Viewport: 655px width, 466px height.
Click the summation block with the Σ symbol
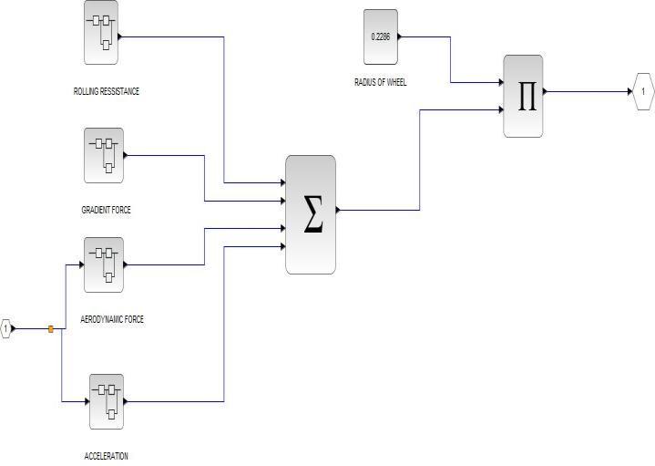(311, 214)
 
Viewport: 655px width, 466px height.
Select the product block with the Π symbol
(523, 96)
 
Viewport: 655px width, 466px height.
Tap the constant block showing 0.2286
(380, 36)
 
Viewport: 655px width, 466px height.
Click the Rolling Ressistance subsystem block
(101, 33)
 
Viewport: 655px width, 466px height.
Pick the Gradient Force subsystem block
(104, 155)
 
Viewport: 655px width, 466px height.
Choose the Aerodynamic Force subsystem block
(104, 264)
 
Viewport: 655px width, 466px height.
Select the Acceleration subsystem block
(107, 401)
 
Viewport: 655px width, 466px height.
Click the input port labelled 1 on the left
(6, 328)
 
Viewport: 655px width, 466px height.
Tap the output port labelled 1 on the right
(642, 91)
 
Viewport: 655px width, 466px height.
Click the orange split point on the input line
(51, 328)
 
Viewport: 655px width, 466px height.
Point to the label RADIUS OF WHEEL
(381, 82)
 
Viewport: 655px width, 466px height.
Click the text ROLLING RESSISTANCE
(107, 91)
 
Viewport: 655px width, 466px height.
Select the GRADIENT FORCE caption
(106, 210)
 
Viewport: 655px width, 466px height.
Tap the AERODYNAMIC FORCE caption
(112, 319)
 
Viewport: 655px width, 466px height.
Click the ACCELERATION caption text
(107, 456)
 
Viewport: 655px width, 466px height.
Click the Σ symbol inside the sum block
(312, 215)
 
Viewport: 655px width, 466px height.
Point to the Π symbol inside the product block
(527, 97)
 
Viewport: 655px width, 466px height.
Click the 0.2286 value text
(380, 36)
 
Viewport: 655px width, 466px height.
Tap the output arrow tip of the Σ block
(339, 210)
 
